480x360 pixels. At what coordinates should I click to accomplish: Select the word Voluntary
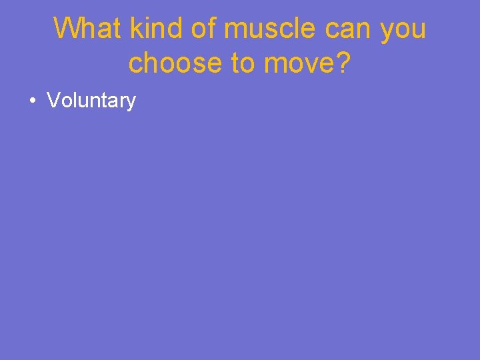point(91,101)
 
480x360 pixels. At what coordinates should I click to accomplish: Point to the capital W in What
point(67,29)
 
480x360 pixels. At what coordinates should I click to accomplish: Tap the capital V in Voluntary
point(53,101)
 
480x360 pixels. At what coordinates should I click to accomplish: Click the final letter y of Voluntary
point(131,103)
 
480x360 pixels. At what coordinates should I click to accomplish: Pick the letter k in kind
point(135,29)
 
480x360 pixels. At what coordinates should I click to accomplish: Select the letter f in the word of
point(214,29)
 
